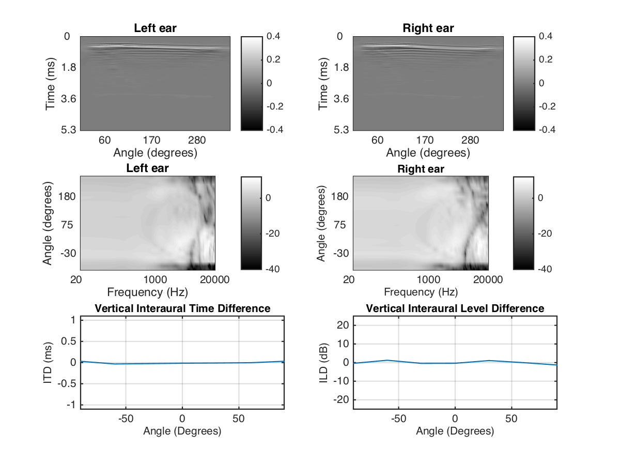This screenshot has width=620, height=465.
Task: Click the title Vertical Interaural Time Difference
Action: coord(182,308)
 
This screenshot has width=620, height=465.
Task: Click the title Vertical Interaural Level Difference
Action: coord(455,308)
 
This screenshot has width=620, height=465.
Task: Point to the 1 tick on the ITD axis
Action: coord(74,320)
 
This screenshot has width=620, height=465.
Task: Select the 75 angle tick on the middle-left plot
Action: coord(69,225)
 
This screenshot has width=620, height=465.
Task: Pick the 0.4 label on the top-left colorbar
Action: coord(274,36)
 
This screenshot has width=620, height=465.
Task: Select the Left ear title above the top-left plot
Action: coord(155,28)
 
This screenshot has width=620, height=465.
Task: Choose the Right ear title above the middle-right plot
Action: coord(421,169)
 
